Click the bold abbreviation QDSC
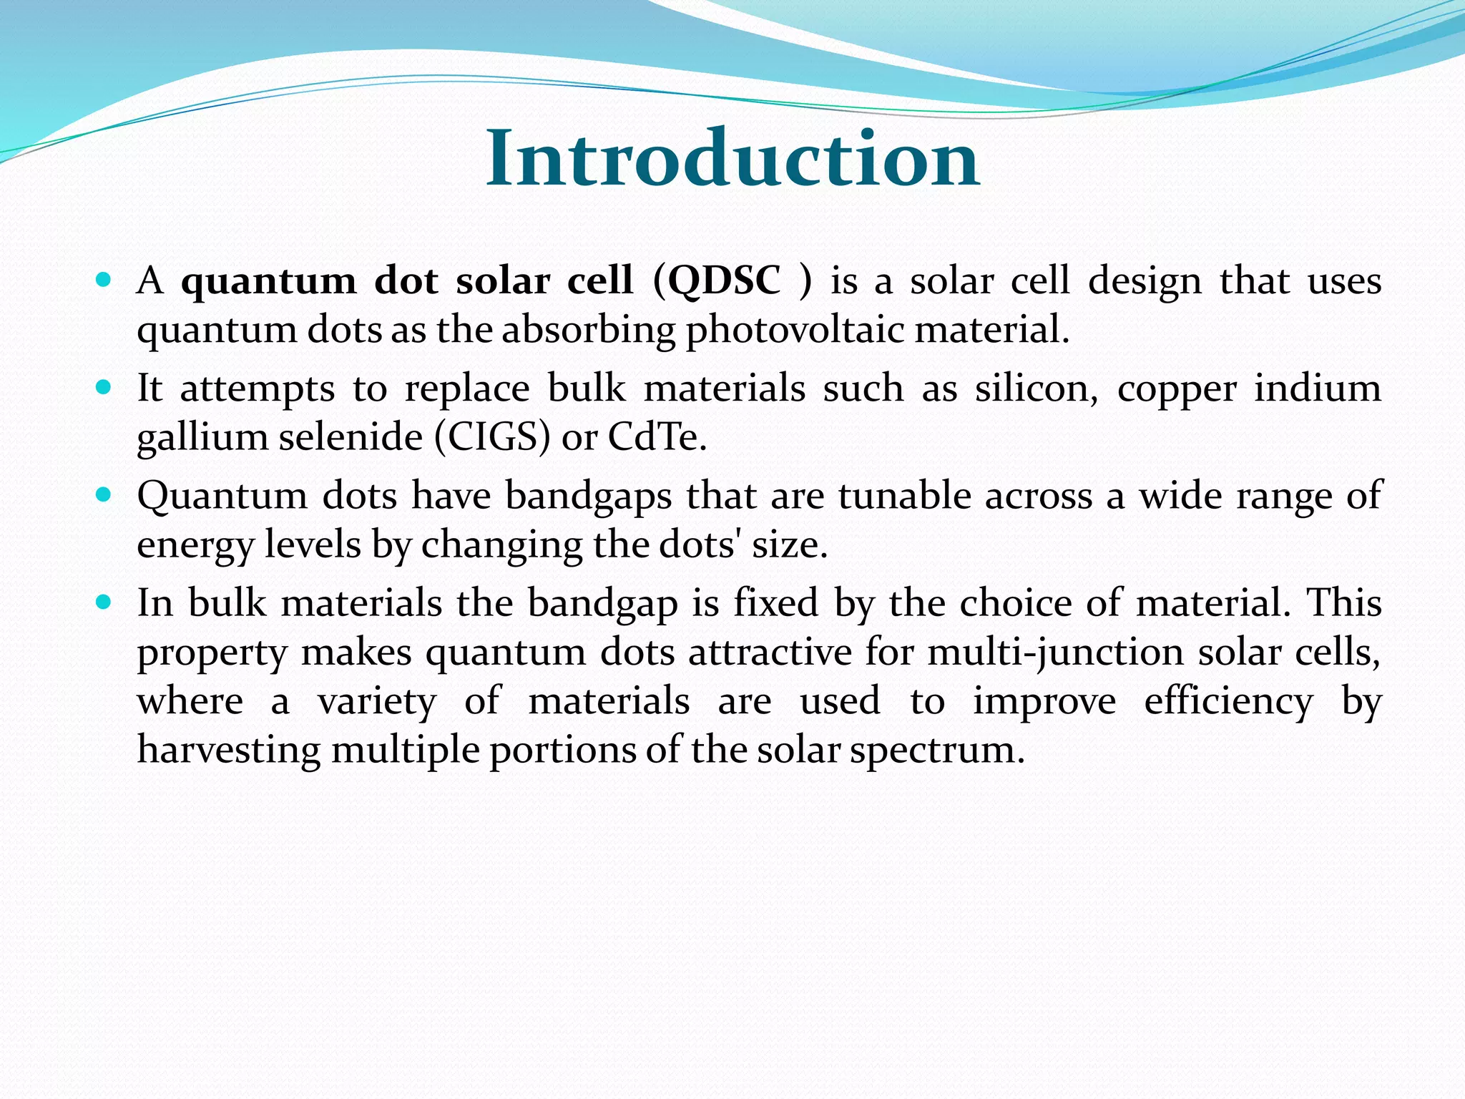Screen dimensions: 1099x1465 [x=724, y=280]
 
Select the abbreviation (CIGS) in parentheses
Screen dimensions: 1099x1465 [x=493, y=437]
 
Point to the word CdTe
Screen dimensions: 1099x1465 [x=657, y=437]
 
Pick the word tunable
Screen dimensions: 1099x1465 [x=904, y=496]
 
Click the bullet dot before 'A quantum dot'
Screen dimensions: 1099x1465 [x=104, y=280]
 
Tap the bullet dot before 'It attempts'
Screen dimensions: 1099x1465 [x=104, y=387]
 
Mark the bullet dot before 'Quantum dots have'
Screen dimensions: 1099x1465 [x=104, y=494]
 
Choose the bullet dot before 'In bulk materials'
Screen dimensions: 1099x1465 [x=104, y=602]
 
